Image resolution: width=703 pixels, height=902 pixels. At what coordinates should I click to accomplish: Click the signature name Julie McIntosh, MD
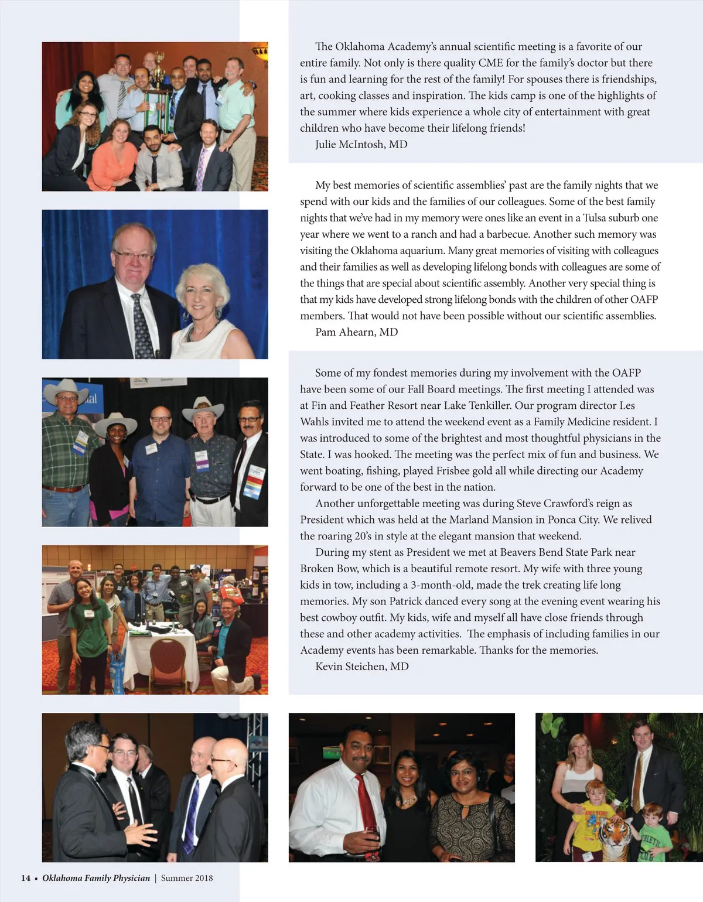point(361,145)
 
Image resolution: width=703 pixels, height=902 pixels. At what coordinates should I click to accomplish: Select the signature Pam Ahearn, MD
point(356,332)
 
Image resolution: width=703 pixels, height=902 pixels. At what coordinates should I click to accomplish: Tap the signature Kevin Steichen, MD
point(361,667)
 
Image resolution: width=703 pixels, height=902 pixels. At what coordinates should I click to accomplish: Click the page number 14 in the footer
point(26,878)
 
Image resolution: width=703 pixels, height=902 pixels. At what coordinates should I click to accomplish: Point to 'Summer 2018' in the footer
point(187,878)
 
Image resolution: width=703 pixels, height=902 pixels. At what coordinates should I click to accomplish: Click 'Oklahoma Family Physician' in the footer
point(96,878)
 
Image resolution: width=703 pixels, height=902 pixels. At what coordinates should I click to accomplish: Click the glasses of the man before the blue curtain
point(134,254)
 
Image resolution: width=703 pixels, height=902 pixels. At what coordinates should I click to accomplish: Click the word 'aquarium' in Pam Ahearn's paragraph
point(421,251)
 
